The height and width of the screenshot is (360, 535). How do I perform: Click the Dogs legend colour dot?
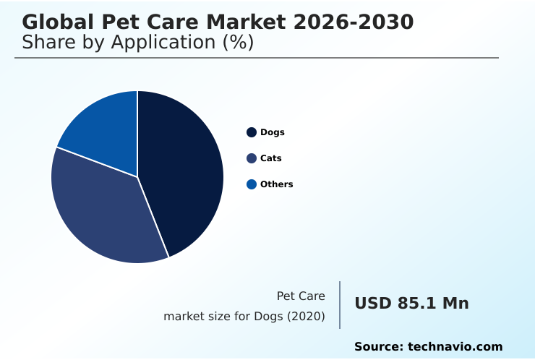(252, 132)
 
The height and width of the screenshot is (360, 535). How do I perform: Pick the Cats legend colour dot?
(252, 158)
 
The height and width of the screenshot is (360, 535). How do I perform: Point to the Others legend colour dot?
(252, 184)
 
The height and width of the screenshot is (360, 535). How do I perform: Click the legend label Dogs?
(273, 132)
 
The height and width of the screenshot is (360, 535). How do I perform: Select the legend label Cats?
(271, 158)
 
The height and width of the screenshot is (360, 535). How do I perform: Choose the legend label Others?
(277, 184)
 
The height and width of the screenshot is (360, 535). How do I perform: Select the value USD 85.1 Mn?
(411, 304)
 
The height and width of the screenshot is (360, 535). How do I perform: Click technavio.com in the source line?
(455, 347)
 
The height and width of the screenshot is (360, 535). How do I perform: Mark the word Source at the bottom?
(378, 347)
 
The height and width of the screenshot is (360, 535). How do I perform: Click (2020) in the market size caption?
(307, 317)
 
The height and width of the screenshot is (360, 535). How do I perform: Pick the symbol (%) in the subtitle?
(239, 43)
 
